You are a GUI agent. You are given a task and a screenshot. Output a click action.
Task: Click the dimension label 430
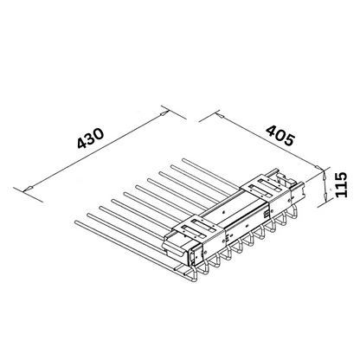[x=90, y=138]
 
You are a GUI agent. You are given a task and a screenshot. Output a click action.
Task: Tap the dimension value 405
[x=280, y=135]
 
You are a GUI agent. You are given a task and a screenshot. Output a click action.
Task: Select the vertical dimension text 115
[x=341, y=184]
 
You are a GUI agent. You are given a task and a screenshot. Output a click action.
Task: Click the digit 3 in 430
[x=91, y=138]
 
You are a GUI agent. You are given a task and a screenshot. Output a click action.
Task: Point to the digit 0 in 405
[x=280, y=135]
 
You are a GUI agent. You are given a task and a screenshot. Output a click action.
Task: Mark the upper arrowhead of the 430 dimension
[x=164, y=113]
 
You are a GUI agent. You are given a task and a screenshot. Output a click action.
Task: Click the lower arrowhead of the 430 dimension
[x=29, y=189]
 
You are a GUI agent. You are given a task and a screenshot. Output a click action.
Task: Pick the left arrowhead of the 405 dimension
[x=218, y=116]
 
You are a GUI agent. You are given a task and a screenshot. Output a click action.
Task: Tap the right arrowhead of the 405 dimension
[x=318, y=168]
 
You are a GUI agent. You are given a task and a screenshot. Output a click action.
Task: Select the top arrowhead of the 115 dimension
[x=324, y=174]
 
